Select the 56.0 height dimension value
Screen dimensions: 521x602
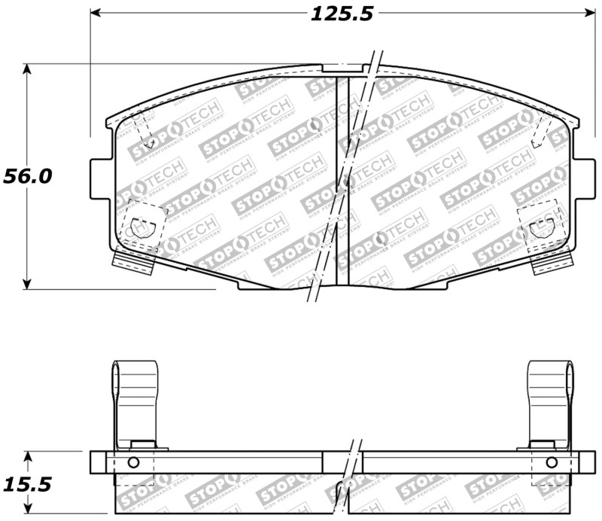point(27,176)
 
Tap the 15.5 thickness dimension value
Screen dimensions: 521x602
point(27,483)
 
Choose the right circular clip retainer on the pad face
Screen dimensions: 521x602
point(541,225)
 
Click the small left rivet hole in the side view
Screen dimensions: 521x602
point(133,462)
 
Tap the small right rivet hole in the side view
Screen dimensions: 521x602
point(551,462)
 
